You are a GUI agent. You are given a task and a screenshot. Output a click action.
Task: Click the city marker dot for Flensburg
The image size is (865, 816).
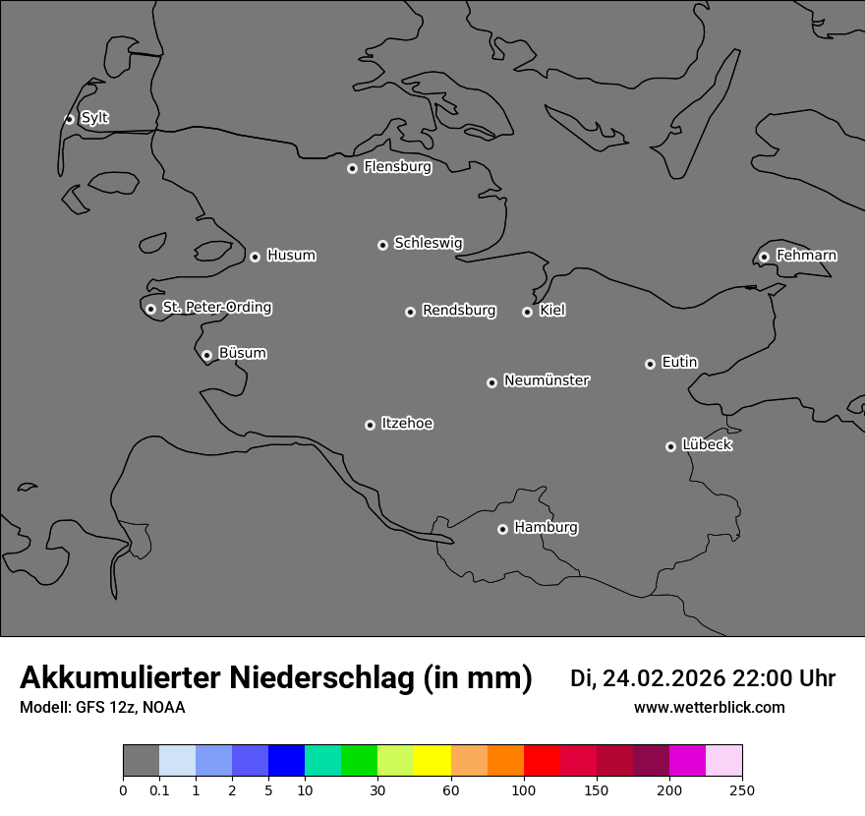[352, 168]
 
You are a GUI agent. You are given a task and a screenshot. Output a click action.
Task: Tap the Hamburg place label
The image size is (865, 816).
[546, 528]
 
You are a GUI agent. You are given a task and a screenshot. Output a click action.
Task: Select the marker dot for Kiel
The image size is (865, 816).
[527, 312]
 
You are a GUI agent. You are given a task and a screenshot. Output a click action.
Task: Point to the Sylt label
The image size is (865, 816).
[94, 118]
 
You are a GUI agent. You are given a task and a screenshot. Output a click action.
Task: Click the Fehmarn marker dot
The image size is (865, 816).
[764, 257]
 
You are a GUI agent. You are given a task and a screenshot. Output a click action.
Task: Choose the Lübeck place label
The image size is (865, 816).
[707, 445]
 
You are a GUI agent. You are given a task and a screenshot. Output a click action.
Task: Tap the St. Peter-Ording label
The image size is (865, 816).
[216, 308]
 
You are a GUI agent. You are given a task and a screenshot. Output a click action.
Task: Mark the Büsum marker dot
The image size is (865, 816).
[206, 355]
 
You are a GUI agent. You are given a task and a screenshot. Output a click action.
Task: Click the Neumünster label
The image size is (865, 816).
[547, 380]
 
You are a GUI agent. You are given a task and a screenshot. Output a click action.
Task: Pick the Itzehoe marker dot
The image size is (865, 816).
[370, 425]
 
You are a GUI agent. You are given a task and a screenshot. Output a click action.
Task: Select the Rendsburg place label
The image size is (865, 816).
[459, 311]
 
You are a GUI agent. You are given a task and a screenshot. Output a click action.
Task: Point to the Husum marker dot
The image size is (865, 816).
[255, 257]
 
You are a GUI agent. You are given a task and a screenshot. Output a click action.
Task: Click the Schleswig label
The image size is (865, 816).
[428, 243]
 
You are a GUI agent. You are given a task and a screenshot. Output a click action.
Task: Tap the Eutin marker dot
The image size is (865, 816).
[650, 364]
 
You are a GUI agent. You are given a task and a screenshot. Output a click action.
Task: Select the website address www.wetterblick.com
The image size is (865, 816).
[709, 708]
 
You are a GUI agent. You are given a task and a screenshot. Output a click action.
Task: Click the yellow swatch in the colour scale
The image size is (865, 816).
[432, 761]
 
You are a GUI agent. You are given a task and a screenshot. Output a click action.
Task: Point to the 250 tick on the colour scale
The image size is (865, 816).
[742, 789]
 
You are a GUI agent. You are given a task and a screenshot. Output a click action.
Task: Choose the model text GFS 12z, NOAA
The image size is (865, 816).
[130, 708]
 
